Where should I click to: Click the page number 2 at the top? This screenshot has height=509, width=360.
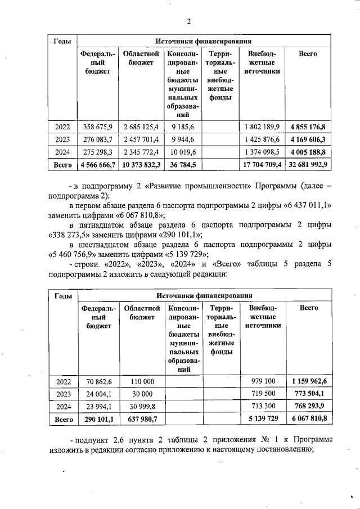point(188,22)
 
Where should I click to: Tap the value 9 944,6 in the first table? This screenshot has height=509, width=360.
point(182,139)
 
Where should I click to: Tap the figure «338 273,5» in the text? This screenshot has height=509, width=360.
point(75,236)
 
